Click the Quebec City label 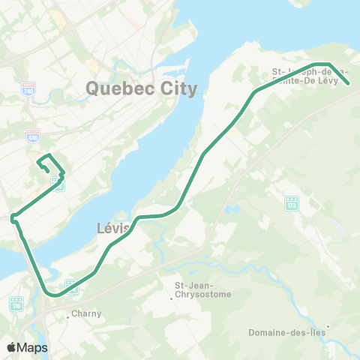142,88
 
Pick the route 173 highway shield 292,202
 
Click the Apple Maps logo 26,347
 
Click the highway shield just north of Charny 71,286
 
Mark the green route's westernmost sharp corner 12,218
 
